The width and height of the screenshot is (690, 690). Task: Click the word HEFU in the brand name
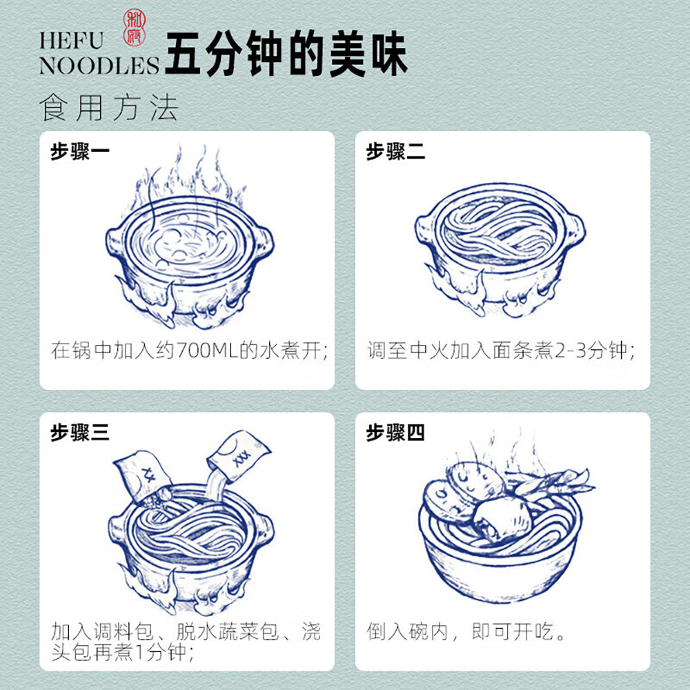(x=71, y=39)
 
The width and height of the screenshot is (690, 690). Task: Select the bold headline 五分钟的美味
(x=286, y=53)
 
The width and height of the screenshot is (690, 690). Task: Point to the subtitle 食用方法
(x=109, y=108)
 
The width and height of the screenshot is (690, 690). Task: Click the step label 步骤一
(x=79, y=152)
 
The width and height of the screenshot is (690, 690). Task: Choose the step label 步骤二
(x=395, y=152)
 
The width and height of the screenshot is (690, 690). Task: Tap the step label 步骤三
(x=79, y=433)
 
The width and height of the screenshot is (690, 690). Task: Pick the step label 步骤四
(x=395, y=433)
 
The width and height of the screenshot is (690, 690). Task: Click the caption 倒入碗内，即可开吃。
(x=467, y=631)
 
